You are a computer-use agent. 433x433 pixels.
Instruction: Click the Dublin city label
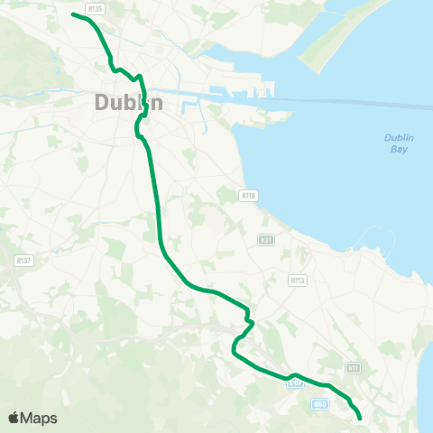pyautogui.click(x=129, y=103)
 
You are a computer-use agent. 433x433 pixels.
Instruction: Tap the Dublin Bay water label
pyautogui.click(x=398, y=143)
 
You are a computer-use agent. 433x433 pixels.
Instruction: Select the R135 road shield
pyautogui.click(x=97, y=8)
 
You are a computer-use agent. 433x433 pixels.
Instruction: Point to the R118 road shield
pyautogui.click(x=249, y=195)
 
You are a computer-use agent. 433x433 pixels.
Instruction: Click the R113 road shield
pyautogui.click(x=298, y=281)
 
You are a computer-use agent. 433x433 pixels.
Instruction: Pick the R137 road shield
pyautogui.click(x=23, y=260)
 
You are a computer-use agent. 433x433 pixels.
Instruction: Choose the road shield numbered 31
pyautogui.click(x=265, y=240)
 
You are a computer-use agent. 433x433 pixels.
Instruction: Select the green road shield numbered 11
pyautogui.click(x=354, y=368)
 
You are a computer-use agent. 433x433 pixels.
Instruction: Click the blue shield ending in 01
pyautogui.click(x=295, y=383)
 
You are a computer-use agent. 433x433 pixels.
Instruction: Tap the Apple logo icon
pyautogui.click(x=14, y=418)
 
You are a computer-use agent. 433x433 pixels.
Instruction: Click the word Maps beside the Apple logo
pyautogui.click(x=39, y=418)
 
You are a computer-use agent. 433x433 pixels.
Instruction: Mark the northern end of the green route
pyautogui.click(x=73, y=14)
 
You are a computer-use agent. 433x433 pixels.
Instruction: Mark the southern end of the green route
pyautogui.click(x=360, y=419)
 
